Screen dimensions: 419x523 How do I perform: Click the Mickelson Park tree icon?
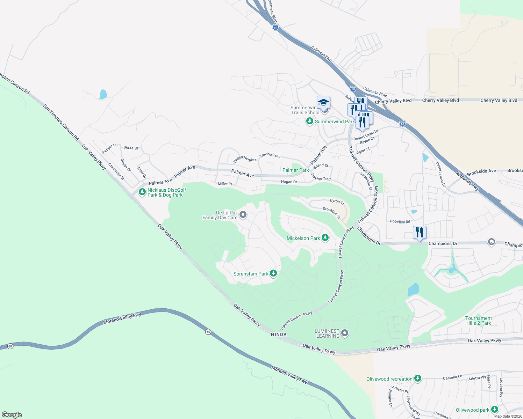325,238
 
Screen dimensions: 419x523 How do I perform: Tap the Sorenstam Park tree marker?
273,273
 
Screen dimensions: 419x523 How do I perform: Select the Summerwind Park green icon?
309,121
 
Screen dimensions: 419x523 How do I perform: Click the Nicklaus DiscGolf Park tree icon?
142,192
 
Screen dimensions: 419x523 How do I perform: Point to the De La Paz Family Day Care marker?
243,215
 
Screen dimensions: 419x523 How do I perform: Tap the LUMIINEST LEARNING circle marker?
345,333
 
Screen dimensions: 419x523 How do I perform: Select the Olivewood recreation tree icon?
417,378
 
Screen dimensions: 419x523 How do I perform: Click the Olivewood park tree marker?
494,409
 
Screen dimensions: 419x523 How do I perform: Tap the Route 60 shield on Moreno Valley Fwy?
208,332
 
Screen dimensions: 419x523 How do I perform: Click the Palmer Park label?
296,170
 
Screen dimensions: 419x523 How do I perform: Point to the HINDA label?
279,335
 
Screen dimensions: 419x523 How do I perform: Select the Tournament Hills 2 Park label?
478,321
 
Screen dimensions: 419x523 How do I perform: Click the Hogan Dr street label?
289,182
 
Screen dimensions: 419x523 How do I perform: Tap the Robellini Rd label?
400,222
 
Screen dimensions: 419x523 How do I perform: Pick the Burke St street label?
131,148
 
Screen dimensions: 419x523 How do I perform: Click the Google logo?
12,415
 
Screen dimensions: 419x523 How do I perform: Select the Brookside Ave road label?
481,171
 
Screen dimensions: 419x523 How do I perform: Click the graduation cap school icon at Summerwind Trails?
323,103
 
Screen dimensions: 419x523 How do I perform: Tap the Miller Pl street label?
225,184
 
